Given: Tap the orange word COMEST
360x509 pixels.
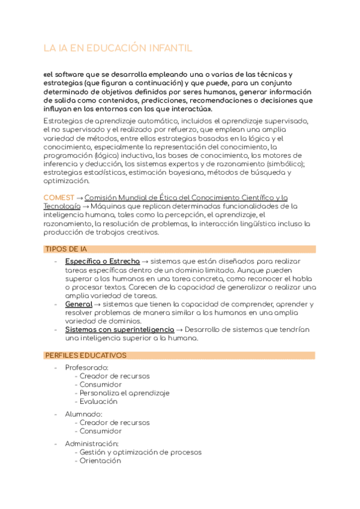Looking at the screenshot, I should (x=59, y=197).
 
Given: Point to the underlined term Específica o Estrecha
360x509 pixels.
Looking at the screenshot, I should (x=102, y=262).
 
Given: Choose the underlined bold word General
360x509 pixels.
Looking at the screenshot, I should (x=78, y=304).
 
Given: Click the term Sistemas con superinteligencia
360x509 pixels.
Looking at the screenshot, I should (x=119, y=330).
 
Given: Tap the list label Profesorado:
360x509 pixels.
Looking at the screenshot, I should (x=87, y=367).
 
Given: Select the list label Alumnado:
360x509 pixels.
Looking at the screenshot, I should (x=83, y=414).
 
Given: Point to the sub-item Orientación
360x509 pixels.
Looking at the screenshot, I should (x=100, y=461).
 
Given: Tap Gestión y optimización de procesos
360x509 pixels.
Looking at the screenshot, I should (x=140, y=452).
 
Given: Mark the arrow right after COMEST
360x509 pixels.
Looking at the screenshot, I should (x=79, y=197).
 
